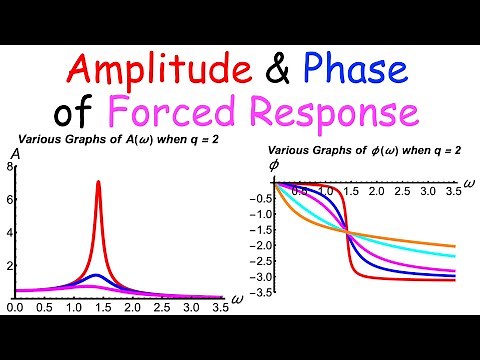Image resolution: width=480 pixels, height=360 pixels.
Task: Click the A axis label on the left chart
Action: pyautogui.click(x=14, y=154)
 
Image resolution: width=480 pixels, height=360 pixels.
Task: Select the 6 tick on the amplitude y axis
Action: pyautogui.click(x=9, y=200)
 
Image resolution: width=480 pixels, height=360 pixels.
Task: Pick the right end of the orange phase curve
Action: pyautogui.click(x=457, y=246)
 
